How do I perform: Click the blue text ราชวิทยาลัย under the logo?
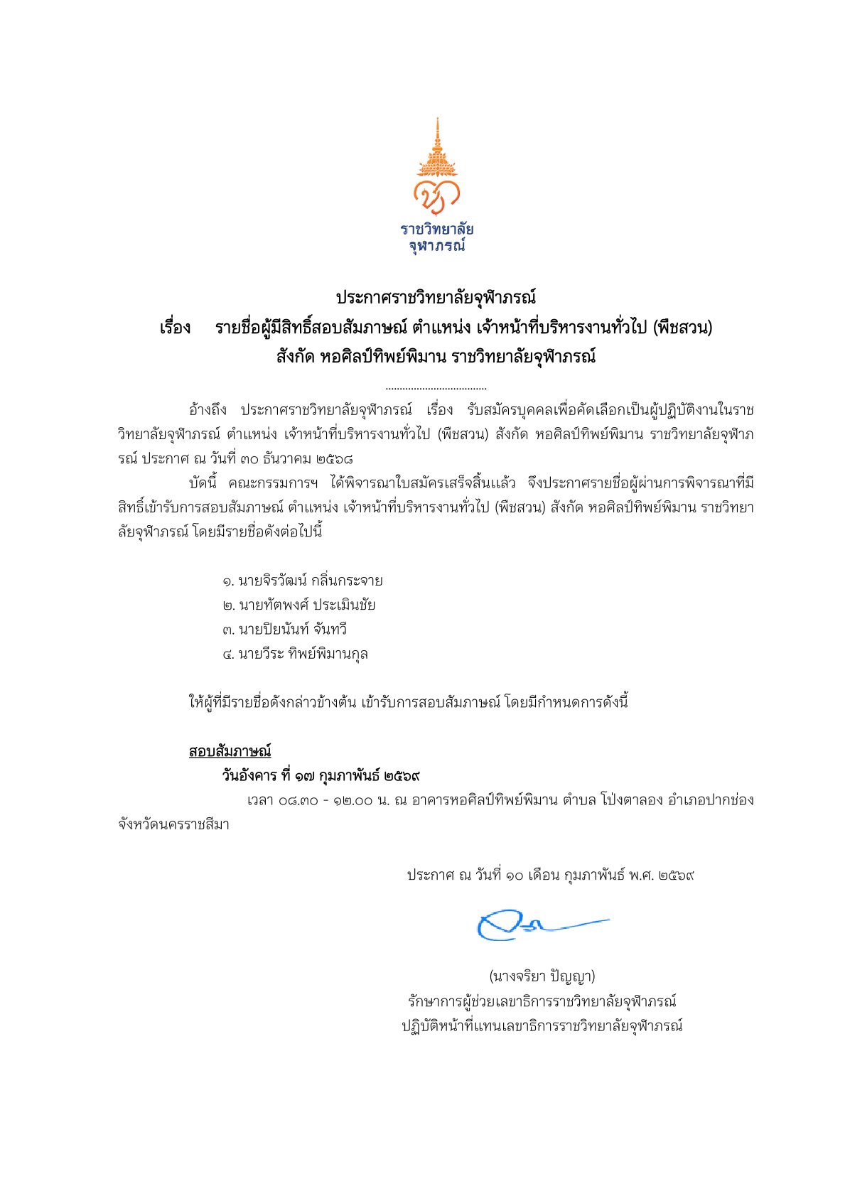[x=436, y=230]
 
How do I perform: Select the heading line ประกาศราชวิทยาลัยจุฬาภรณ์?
[x=436, y=297]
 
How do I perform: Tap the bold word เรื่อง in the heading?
[x=175, y=328]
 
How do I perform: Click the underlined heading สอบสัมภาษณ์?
[x=230, y=751]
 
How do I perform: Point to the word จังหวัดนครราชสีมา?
[x=173, y=825]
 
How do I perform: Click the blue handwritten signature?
[x=540, y=924]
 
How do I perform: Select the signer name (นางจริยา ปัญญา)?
[x=542, y=976]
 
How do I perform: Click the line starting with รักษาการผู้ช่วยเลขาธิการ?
[x=542, y=1001]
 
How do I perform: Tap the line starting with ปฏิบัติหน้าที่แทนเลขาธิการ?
[x=542, y=1026]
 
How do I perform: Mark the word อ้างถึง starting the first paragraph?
[x=208, y=410]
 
